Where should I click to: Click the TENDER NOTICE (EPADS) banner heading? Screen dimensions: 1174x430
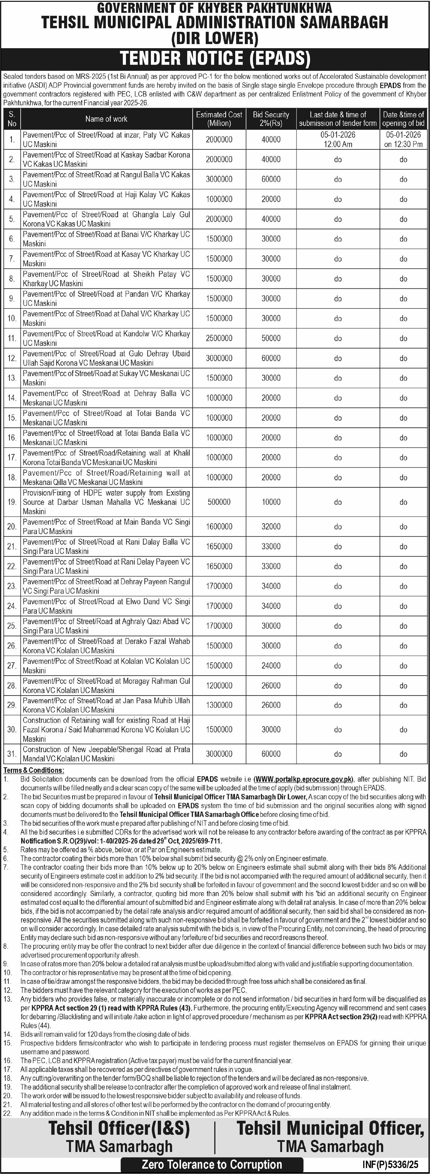click(x=215, y=59)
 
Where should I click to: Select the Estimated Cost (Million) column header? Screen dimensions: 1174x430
click(x=219, y=119)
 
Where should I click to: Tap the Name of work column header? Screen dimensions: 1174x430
click(x=106, y=119)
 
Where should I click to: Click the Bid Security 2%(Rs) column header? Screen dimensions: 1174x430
click(x=271, y=119)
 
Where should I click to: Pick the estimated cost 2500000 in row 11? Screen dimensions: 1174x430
click(x=219, y=338)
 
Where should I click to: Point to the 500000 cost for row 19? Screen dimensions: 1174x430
click(x=219, y=502)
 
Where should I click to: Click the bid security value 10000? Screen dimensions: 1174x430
click(x=271, y=502)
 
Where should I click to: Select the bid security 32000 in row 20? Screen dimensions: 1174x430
click(x=271, y=526)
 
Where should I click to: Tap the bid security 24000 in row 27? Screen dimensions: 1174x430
click(x=271, y=665)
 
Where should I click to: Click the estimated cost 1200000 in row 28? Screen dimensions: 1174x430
click(x=219, y=685)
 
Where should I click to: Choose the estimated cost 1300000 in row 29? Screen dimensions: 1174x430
click(x=219, y=705)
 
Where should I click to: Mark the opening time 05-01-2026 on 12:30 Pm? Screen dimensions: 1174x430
click(x=403, y=139)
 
